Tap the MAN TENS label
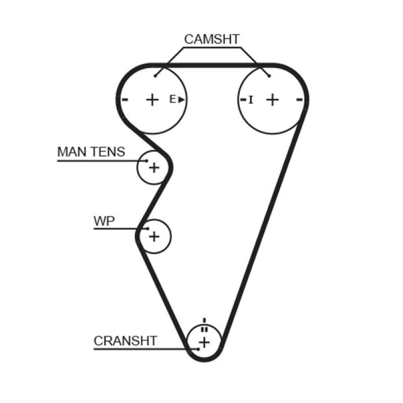click(x=91, y=152)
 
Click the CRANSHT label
click(x=125, y=341)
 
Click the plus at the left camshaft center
click(x=152, y=99)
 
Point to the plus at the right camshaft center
click(x=272, y=99)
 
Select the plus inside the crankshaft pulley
click(x=204, y=343)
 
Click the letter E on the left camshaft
click(x=172, y=99)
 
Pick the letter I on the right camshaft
click(x=251, y=99)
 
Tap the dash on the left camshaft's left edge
click(x=125, y=99)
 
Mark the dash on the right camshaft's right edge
click(x=300, y=99)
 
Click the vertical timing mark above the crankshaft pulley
click(x=204, y=320)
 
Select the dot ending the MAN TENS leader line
click(x=147, y=161)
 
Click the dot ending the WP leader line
click(x=148, y=229)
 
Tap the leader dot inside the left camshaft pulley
click(x=156, y=76)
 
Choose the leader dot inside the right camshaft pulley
click(x=270, y=76)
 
